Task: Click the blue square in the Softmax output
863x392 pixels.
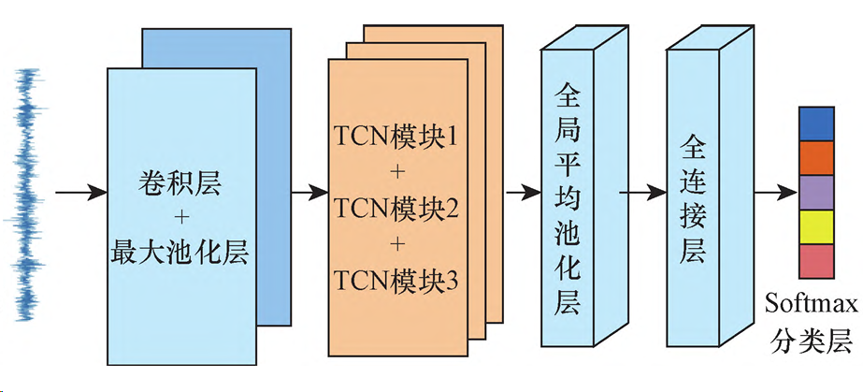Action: point(815,123)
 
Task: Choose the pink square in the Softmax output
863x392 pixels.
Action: point(815,261)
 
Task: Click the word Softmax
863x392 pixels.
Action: point(809,305)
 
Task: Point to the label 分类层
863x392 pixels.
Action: point(809,341)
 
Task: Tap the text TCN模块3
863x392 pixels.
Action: point(396,279)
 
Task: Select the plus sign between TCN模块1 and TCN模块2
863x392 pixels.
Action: point(396,173)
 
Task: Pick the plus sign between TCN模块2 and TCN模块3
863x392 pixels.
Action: point(396,244)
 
